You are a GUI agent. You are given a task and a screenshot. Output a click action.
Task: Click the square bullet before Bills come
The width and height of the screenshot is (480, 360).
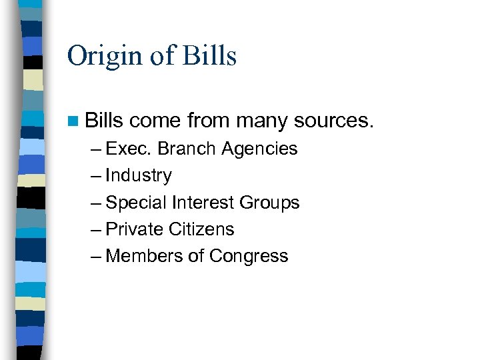(73, 121)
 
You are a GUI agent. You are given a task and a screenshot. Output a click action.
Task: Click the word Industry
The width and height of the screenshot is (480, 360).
(139, 176)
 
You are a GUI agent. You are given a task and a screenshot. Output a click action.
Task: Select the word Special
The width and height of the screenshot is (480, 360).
(137, 203)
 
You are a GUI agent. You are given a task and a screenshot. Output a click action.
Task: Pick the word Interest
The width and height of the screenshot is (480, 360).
(201, 203)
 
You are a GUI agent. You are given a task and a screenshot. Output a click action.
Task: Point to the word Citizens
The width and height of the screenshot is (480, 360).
(201, 229)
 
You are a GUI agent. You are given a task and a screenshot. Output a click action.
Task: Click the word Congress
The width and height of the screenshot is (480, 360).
(249, 257)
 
